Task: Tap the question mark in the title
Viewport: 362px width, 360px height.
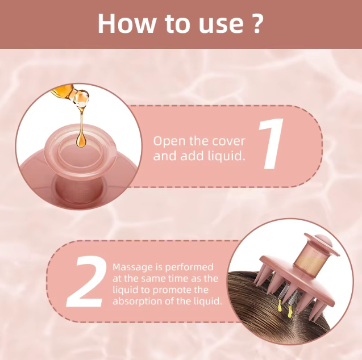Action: click(257, 24)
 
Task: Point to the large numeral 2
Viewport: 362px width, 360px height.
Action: click(86, 282)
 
